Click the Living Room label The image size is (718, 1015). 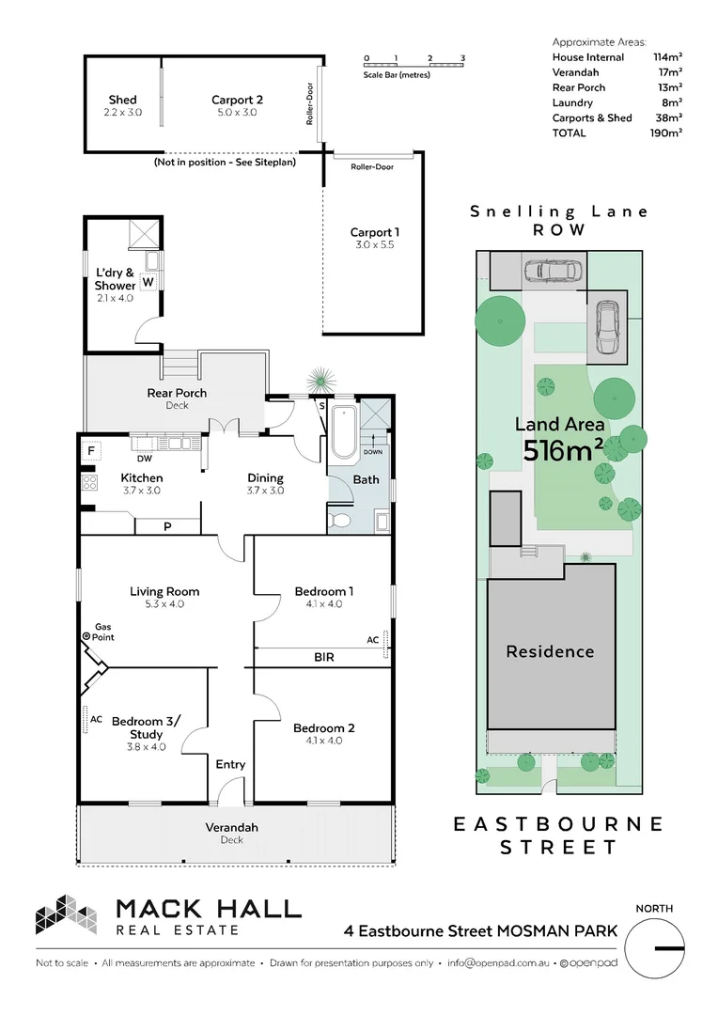164,591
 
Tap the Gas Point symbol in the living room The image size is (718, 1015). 87,637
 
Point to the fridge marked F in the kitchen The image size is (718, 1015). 91,451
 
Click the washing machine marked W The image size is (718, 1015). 148,281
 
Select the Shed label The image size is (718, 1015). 122,100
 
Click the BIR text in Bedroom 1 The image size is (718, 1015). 323,658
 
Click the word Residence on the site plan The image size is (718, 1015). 550,651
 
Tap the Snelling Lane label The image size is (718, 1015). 559,211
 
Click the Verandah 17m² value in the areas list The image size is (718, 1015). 668,72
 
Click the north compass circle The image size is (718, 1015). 654,948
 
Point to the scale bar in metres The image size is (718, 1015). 414,63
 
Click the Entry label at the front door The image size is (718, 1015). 230,764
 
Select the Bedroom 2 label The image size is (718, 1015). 323,728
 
